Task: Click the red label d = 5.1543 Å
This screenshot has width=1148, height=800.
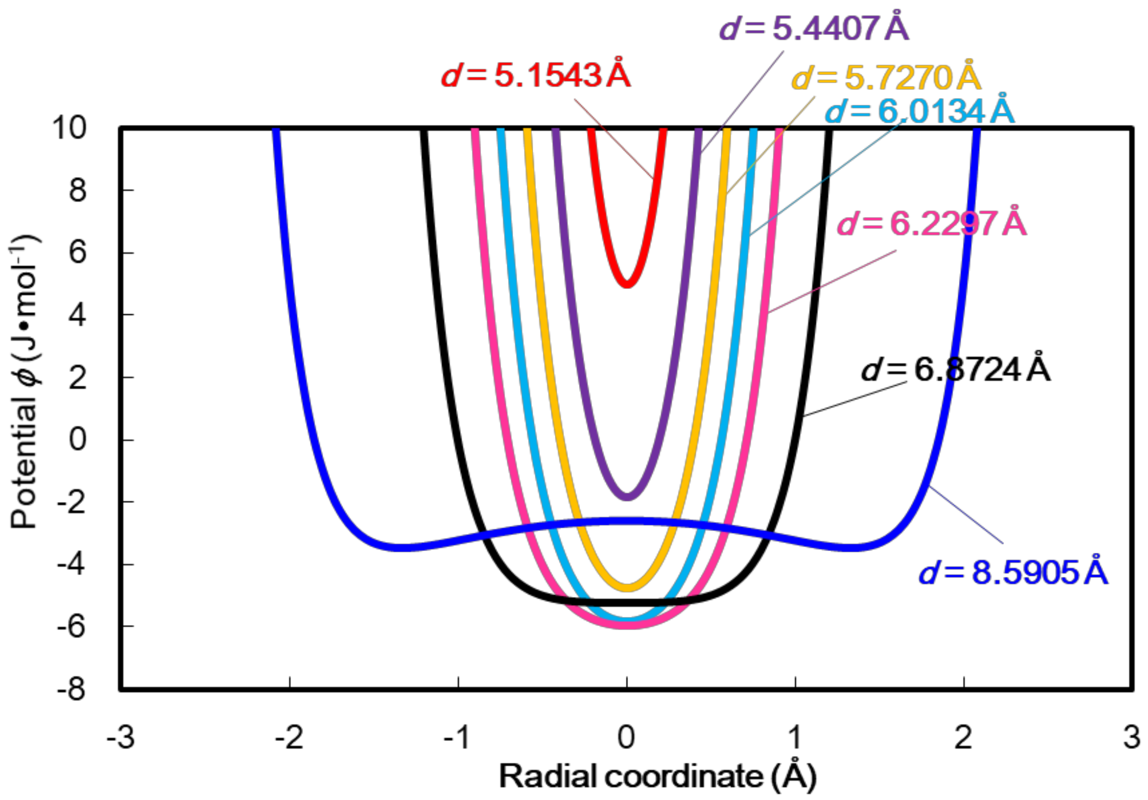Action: click(x=535, y=76)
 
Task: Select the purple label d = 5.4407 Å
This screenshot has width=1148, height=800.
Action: click(x=814, y=29)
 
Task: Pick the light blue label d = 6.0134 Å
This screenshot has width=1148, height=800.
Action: click(x=919, y=111)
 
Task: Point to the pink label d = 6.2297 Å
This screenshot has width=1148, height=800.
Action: click(x=932, y=224)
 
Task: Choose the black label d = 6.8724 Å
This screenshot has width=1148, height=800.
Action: click(x=955, y=370)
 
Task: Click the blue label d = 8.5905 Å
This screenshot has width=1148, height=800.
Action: click(x=1013, y=573)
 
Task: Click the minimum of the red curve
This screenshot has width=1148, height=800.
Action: click(x=628, y=283)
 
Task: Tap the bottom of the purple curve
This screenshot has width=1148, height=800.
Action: click(x=628, y=496)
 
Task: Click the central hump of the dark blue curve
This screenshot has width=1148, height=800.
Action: click(x=628, y=521)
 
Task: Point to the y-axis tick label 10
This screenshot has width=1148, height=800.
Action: click(x=70, y=128)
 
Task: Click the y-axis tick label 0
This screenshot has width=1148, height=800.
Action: click(x=78, y=440)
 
